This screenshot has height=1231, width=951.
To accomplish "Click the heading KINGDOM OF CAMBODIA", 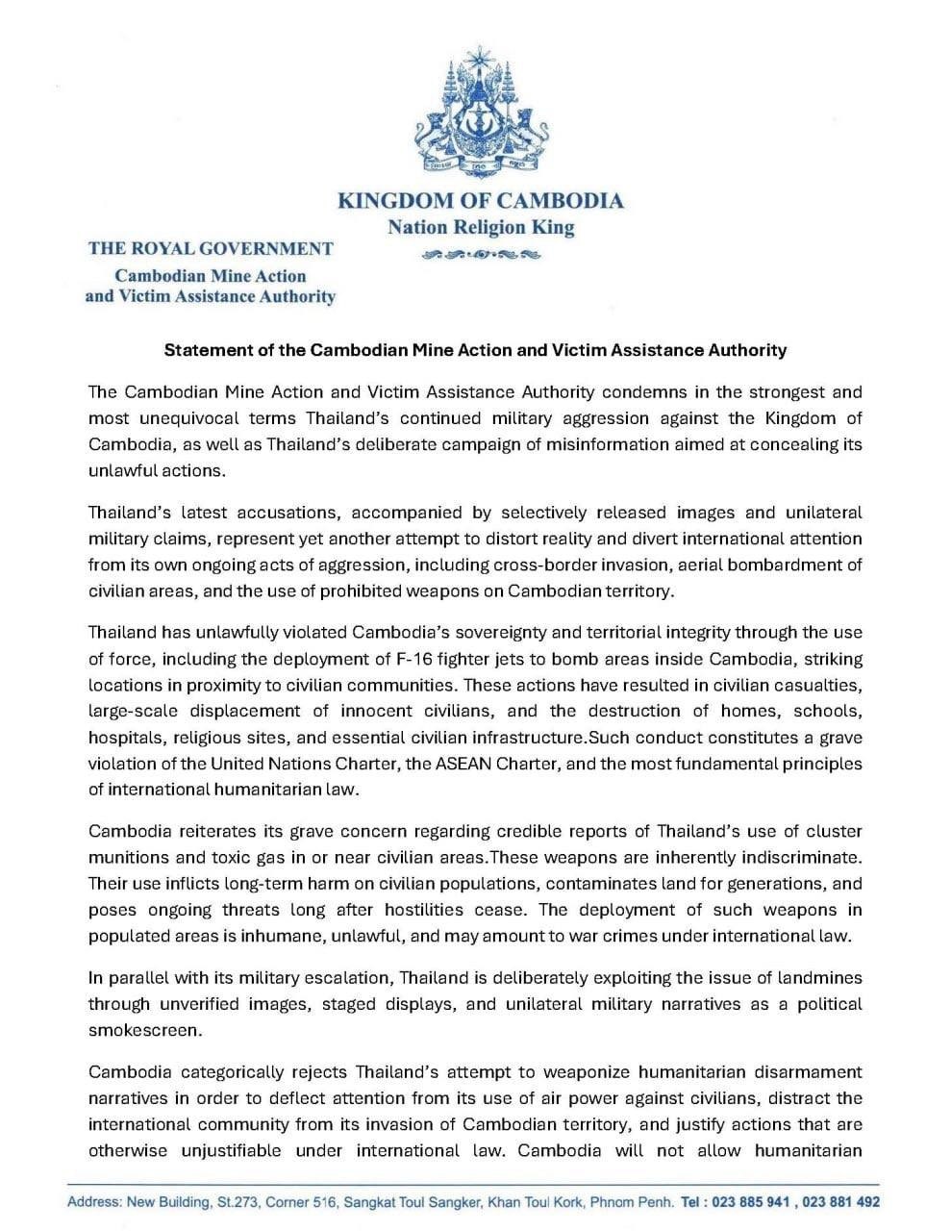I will point(480,201).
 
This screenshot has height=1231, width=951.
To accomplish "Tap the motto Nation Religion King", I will point(480,228).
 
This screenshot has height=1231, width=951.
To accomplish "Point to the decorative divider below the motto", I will point(480,255).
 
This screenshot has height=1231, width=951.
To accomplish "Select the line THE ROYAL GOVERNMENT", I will point(211,248).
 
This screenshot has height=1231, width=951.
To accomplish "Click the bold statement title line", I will point(475,350).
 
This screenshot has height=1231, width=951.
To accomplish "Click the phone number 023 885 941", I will point(753,1202).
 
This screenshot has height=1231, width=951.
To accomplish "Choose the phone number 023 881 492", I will point(840,1202).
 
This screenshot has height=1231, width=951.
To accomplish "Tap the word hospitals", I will point(123,738).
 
